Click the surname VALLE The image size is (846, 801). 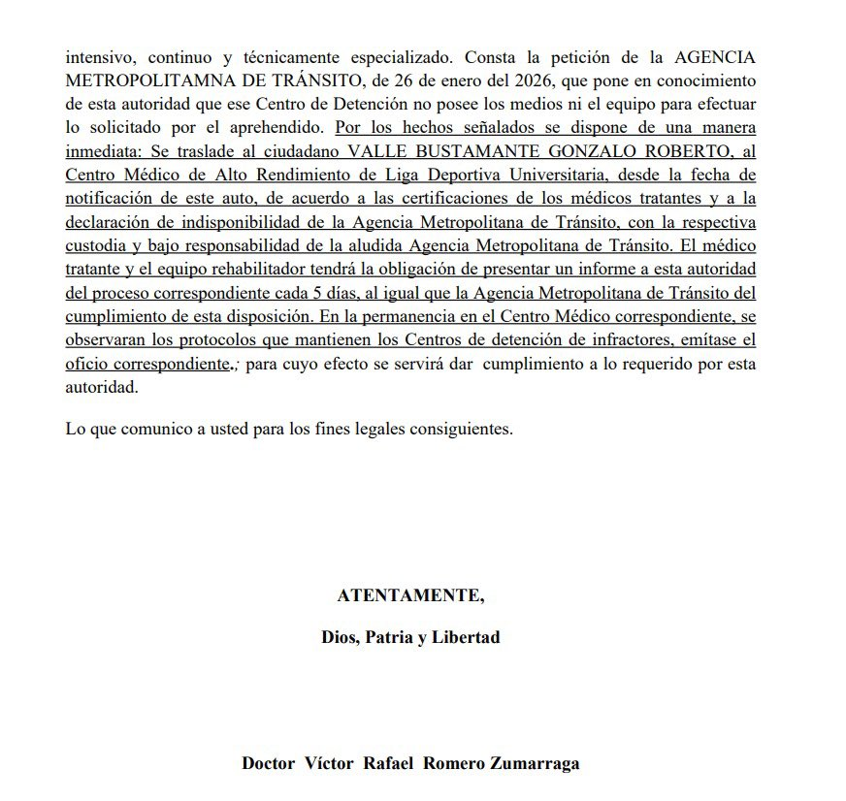pos(378,151)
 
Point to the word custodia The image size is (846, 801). pos(97,245)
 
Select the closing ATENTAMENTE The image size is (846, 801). pos(409,595)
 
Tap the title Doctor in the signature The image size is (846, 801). pos(269,763)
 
